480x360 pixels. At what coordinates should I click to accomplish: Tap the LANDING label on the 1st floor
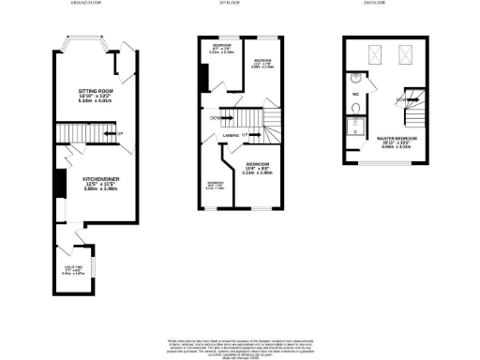pos(229,135)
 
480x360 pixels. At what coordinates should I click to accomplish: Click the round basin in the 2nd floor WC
pos(357,80)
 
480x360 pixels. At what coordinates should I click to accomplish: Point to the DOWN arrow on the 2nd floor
pos(400,98)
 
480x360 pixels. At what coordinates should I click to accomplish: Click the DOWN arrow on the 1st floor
pos(215,118)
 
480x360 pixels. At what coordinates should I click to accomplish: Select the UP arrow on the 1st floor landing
pos(247,135)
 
